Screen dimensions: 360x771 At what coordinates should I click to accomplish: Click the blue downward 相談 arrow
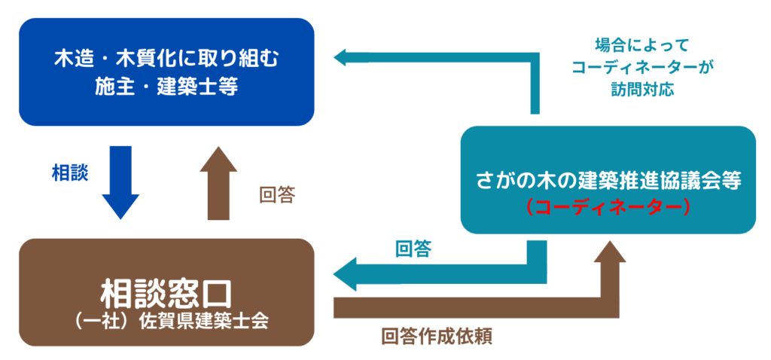pos(120,181)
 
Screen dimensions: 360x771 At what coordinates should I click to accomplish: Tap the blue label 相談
pos(69,173)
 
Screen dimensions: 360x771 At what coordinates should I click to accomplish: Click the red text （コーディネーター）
pos(608,206)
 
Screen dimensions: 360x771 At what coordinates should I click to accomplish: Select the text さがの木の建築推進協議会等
pos(608,181)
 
